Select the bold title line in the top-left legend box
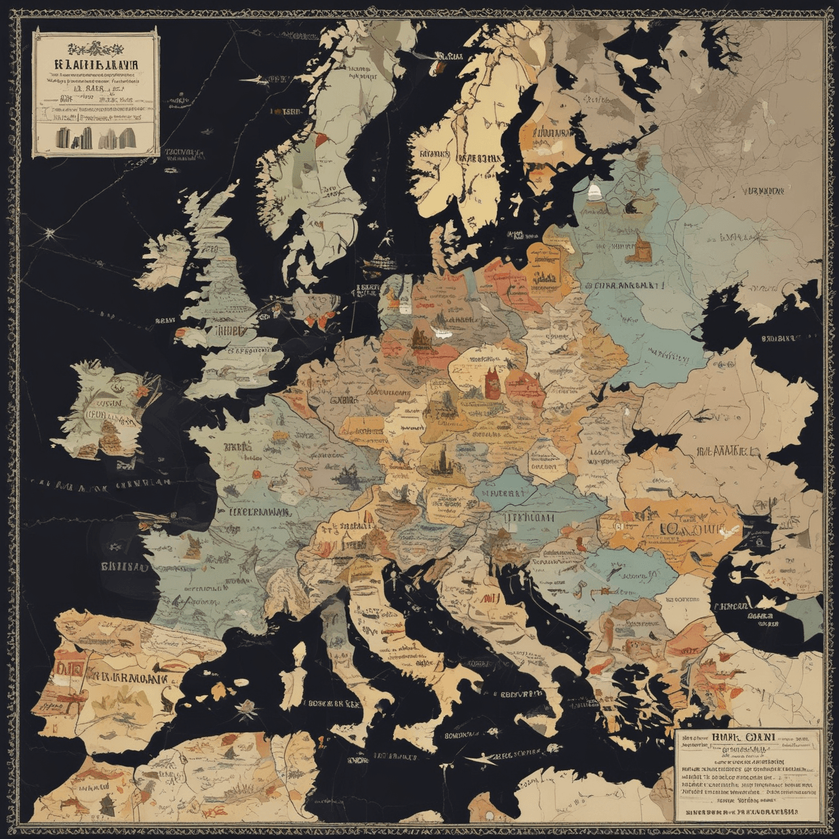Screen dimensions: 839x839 click(95, 65)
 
